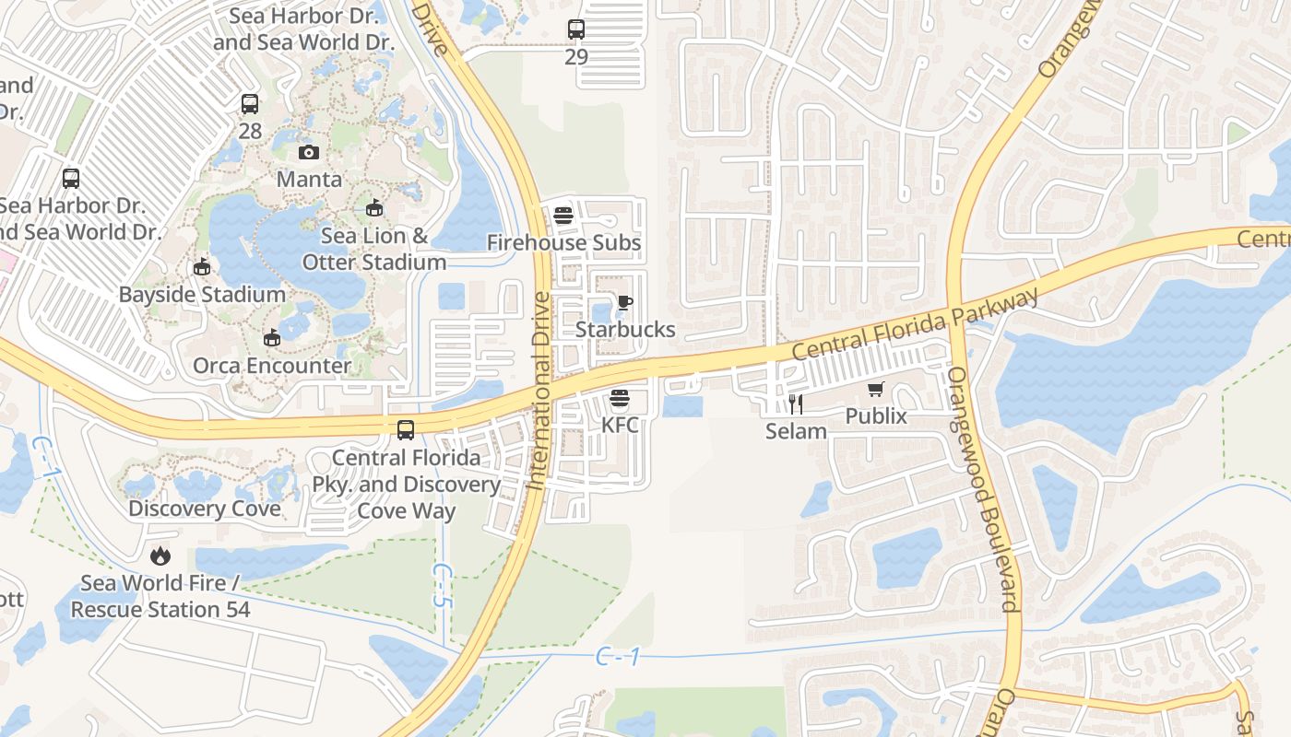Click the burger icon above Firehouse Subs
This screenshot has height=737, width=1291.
(563, 216)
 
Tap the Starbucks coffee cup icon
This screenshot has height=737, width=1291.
(625, 302)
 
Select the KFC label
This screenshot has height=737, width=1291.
(619, 426)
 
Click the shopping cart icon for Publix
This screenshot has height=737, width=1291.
(875, 390)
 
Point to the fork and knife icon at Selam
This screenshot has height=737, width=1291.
(796, 404)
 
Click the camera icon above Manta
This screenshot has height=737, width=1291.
(309, 152)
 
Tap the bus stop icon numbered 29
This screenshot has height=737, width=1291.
(576, 29)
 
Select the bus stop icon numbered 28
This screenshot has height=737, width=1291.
(250, 104)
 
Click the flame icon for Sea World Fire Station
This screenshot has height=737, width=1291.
(160, 556)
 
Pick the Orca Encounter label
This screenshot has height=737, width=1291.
(272, 366)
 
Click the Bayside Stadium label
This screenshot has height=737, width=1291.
(202, 295)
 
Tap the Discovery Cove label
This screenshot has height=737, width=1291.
(205, 509)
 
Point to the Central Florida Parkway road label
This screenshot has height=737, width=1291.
(915, 324)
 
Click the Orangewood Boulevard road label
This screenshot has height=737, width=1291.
(984, 489)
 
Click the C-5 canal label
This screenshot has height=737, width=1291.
(443, 584)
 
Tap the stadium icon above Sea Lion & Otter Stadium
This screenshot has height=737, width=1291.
(373, 208)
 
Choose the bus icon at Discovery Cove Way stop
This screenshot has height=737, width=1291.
(405, 429)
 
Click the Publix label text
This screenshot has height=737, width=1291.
(876, 416)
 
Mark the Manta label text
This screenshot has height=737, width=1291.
(309, 179)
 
